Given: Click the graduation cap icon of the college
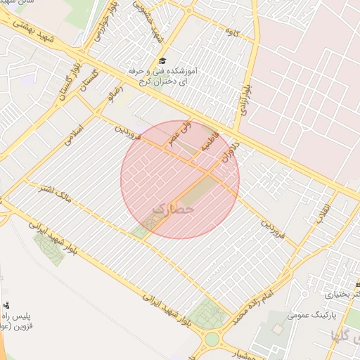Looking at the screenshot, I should (163, 62).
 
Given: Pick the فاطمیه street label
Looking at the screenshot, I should (210, 141).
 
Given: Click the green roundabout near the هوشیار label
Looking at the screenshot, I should (212, 340).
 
